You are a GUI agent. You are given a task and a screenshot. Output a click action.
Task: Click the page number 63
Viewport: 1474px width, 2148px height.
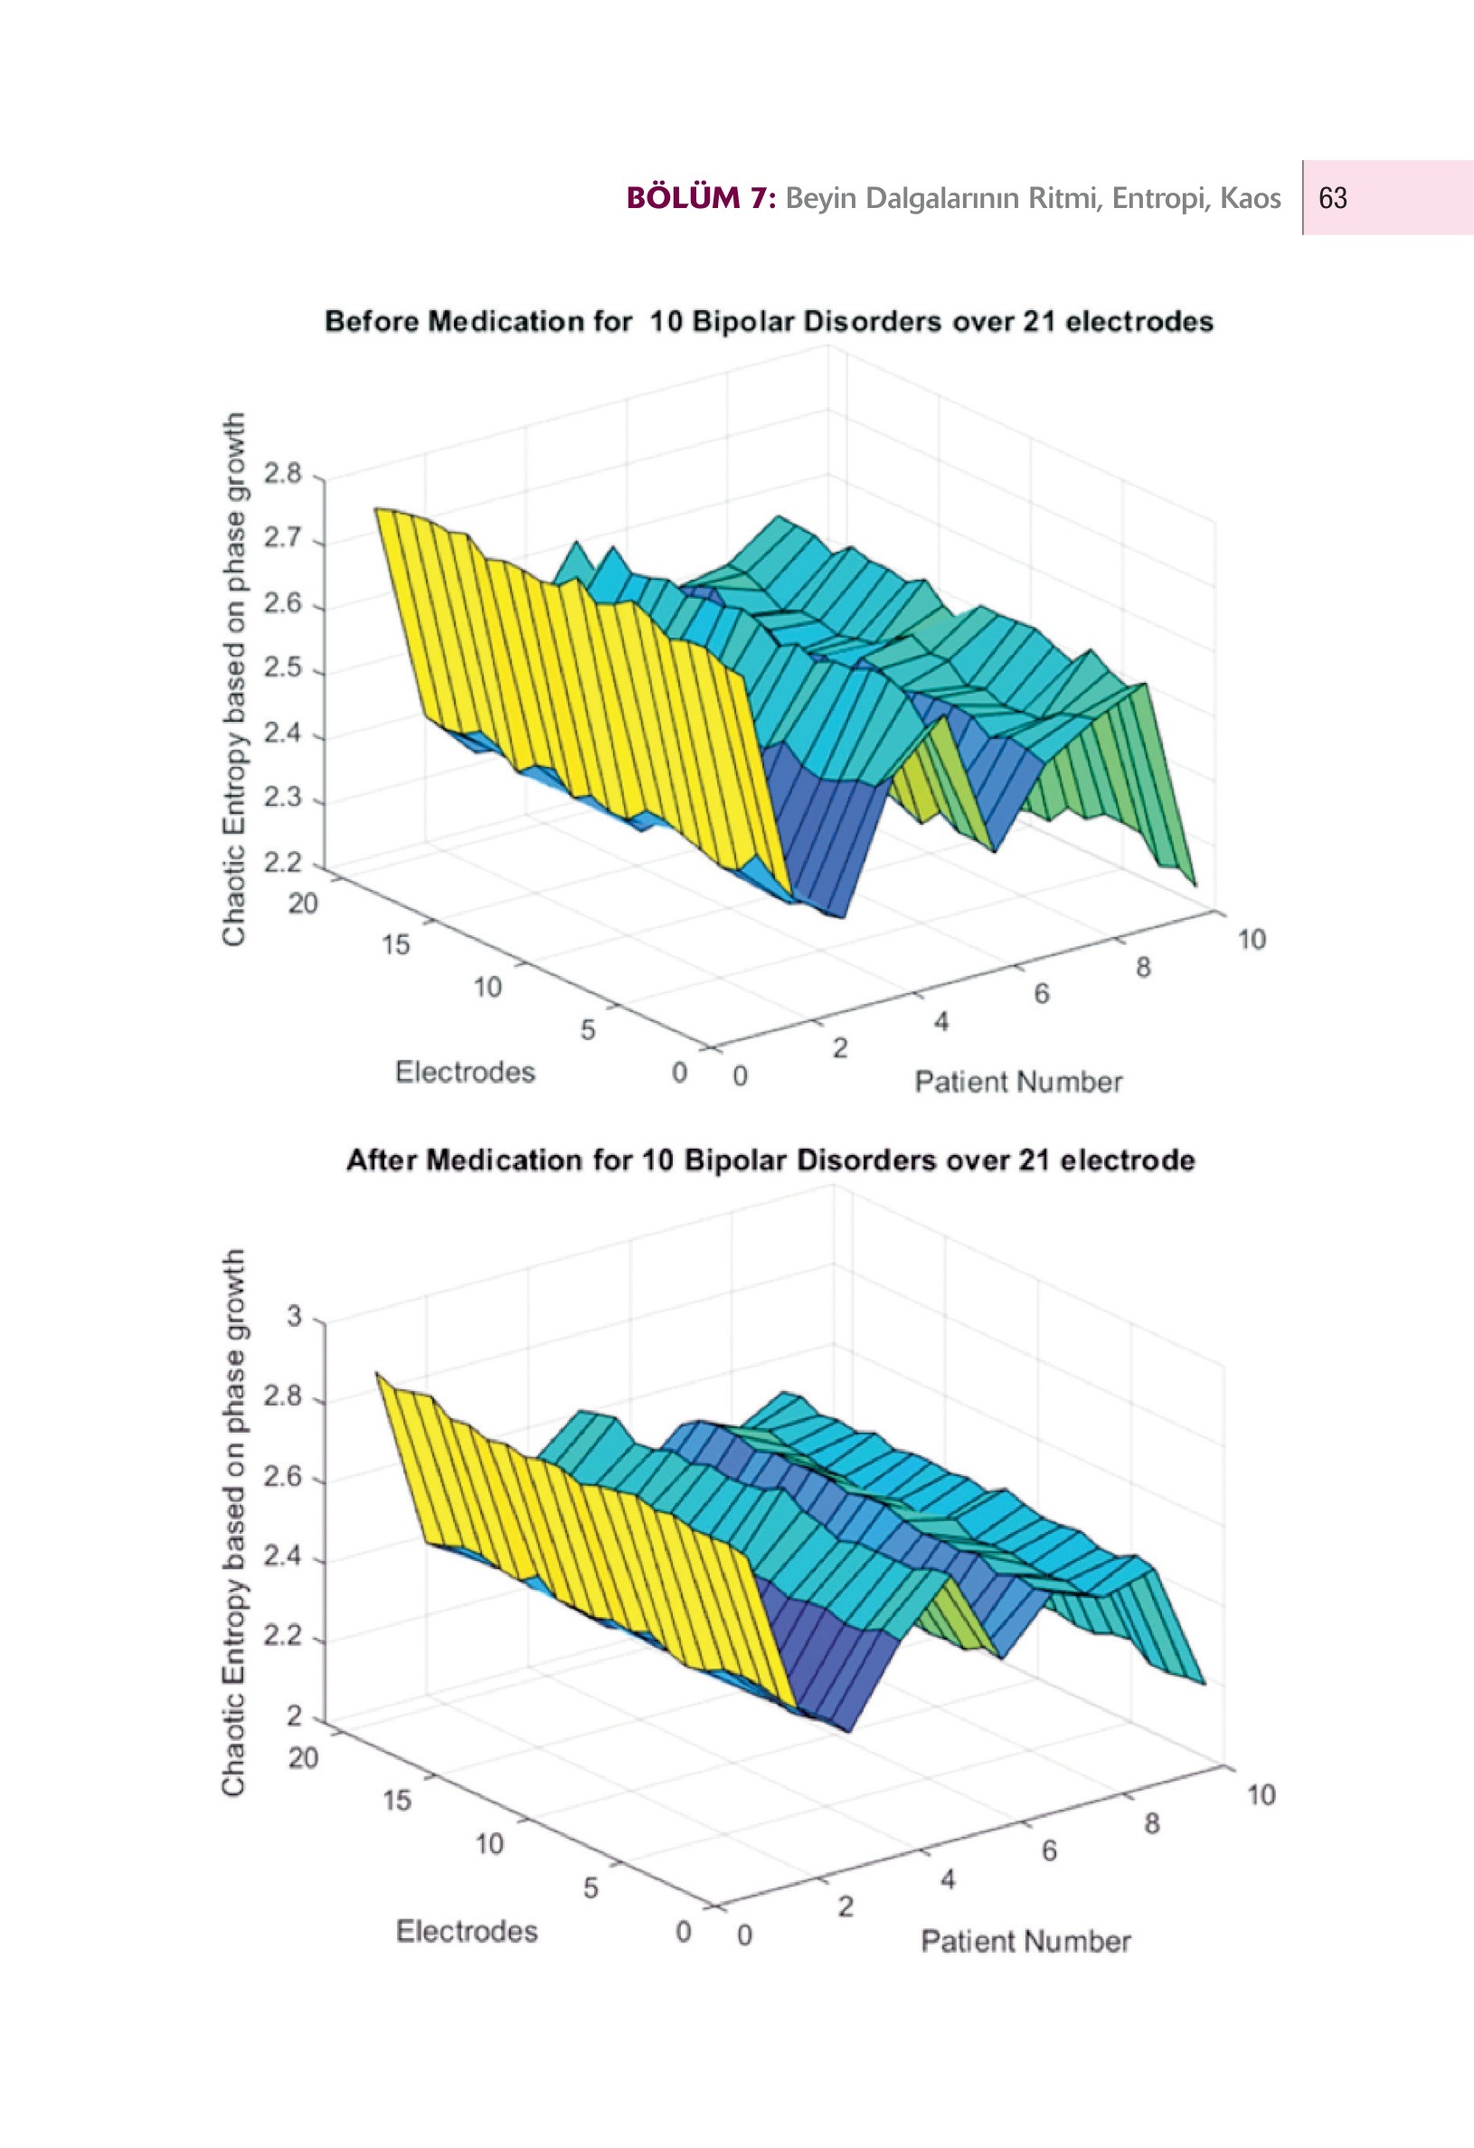(1333, 199)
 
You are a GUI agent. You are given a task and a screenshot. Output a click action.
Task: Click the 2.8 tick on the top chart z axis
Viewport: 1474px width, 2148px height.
(283, 474)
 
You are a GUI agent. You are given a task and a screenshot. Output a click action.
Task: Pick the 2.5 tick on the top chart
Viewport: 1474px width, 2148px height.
(283, 668)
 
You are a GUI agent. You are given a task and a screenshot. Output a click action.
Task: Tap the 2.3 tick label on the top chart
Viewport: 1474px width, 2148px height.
(283, 798)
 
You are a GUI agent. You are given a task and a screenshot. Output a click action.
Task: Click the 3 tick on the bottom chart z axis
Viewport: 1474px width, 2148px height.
(294, 1315)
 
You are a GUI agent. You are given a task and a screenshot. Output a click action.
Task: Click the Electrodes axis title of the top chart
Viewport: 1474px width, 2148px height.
(465, 1072)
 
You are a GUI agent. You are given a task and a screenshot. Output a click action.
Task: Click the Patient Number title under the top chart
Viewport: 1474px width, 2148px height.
(1018, 1082)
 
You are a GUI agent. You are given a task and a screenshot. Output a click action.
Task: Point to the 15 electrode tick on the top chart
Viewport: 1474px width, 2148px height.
(395, 944)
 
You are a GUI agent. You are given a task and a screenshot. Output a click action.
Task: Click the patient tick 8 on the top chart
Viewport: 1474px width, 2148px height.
(1143, 968)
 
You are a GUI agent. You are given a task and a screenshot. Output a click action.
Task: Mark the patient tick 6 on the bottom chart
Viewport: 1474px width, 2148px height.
(1049, 1850)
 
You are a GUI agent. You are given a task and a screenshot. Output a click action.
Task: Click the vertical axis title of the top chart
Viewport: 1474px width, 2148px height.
(234, 679)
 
